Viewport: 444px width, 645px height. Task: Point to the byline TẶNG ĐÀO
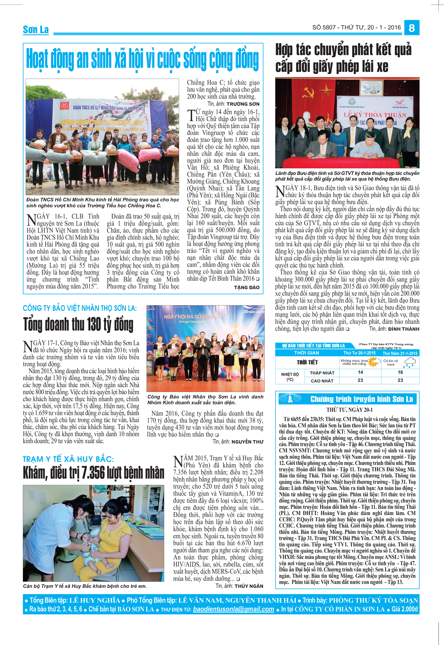click(x=247, y=287)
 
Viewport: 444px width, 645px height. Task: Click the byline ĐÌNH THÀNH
click(x=404, y=329)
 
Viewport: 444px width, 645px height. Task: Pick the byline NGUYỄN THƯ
click(x=247, y=442)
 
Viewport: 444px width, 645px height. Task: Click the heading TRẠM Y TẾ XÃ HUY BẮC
click(x=68, y=459)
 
